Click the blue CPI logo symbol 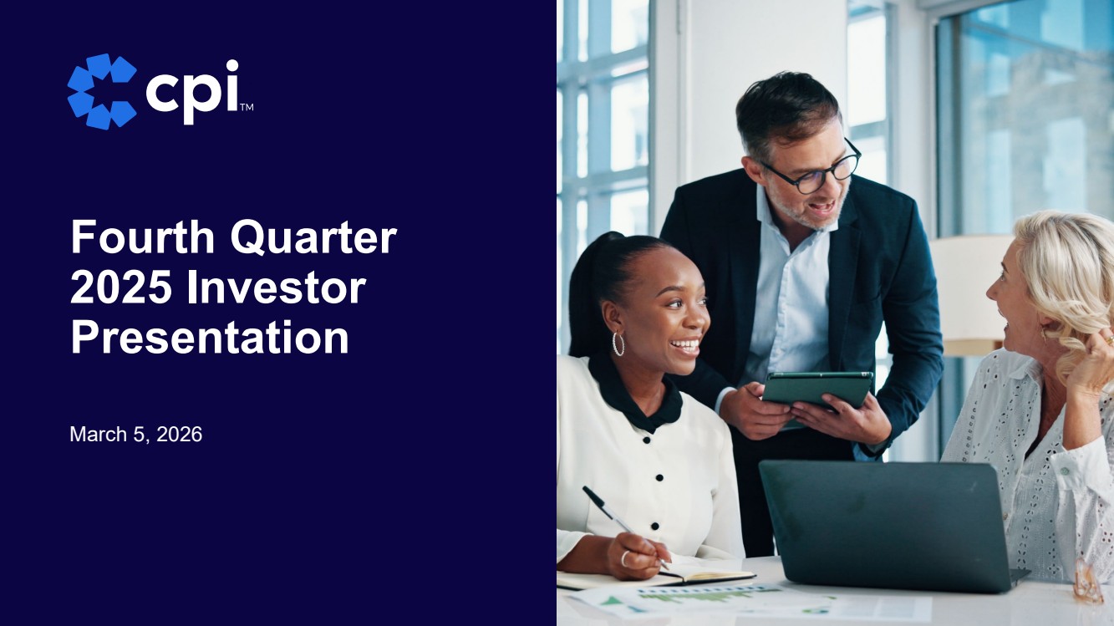(x=102, y=91)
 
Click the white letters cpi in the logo (x=193, y=92)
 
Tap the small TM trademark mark (x=247, y=107)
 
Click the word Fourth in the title (x=143, y=237)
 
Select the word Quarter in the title (x=314, y=237)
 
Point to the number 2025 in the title (x=121, y=288)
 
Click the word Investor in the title (x=277, y=288)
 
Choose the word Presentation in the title (x=210, y=338)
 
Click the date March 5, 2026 (x=135, y=434)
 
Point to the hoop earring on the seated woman (x=618, y=344)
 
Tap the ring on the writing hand (x=624, y=558)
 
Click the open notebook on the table (x=657, y=577)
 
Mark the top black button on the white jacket (x=646, y=440)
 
